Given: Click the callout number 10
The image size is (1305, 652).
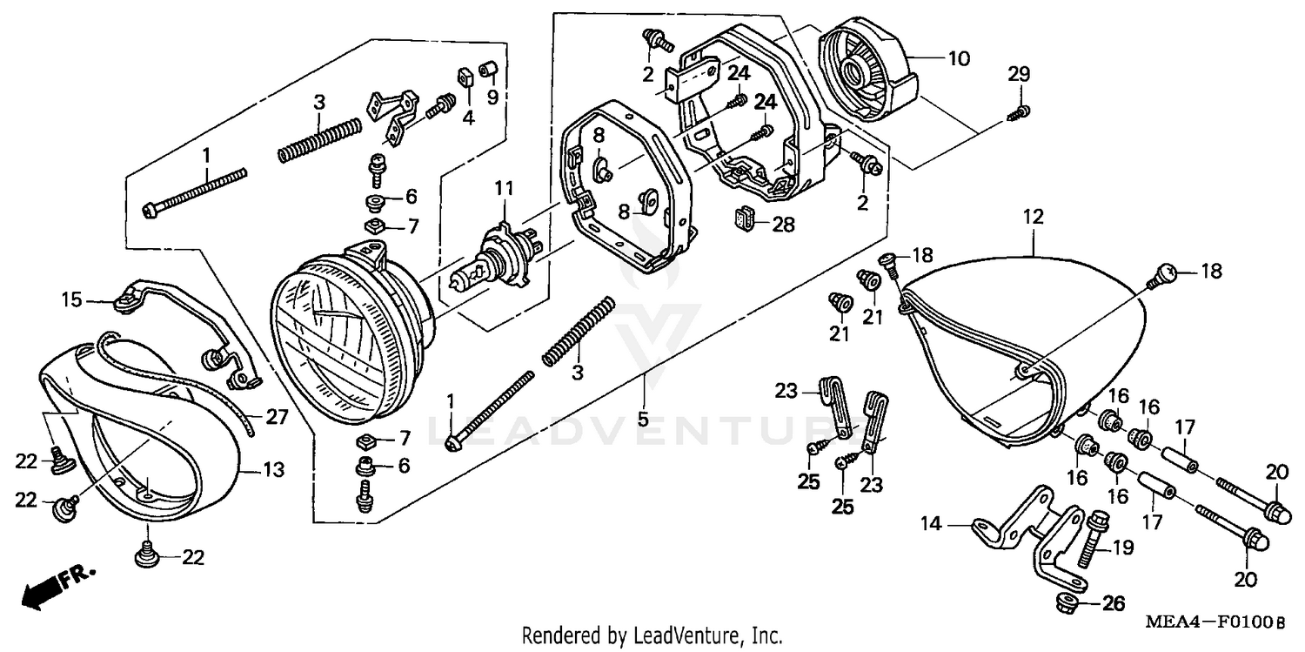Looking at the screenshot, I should (958, 59).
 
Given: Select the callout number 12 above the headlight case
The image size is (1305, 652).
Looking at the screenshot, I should (1033, 217).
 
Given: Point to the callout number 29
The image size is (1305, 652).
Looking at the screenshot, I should (1018, 75).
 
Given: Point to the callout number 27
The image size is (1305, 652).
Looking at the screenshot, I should (276, 417).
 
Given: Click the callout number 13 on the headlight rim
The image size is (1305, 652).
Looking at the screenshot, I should (273, 471).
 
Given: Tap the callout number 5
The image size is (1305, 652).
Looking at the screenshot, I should (643, 419).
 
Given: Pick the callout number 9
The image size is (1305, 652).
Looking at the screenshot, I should (492, 96).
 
